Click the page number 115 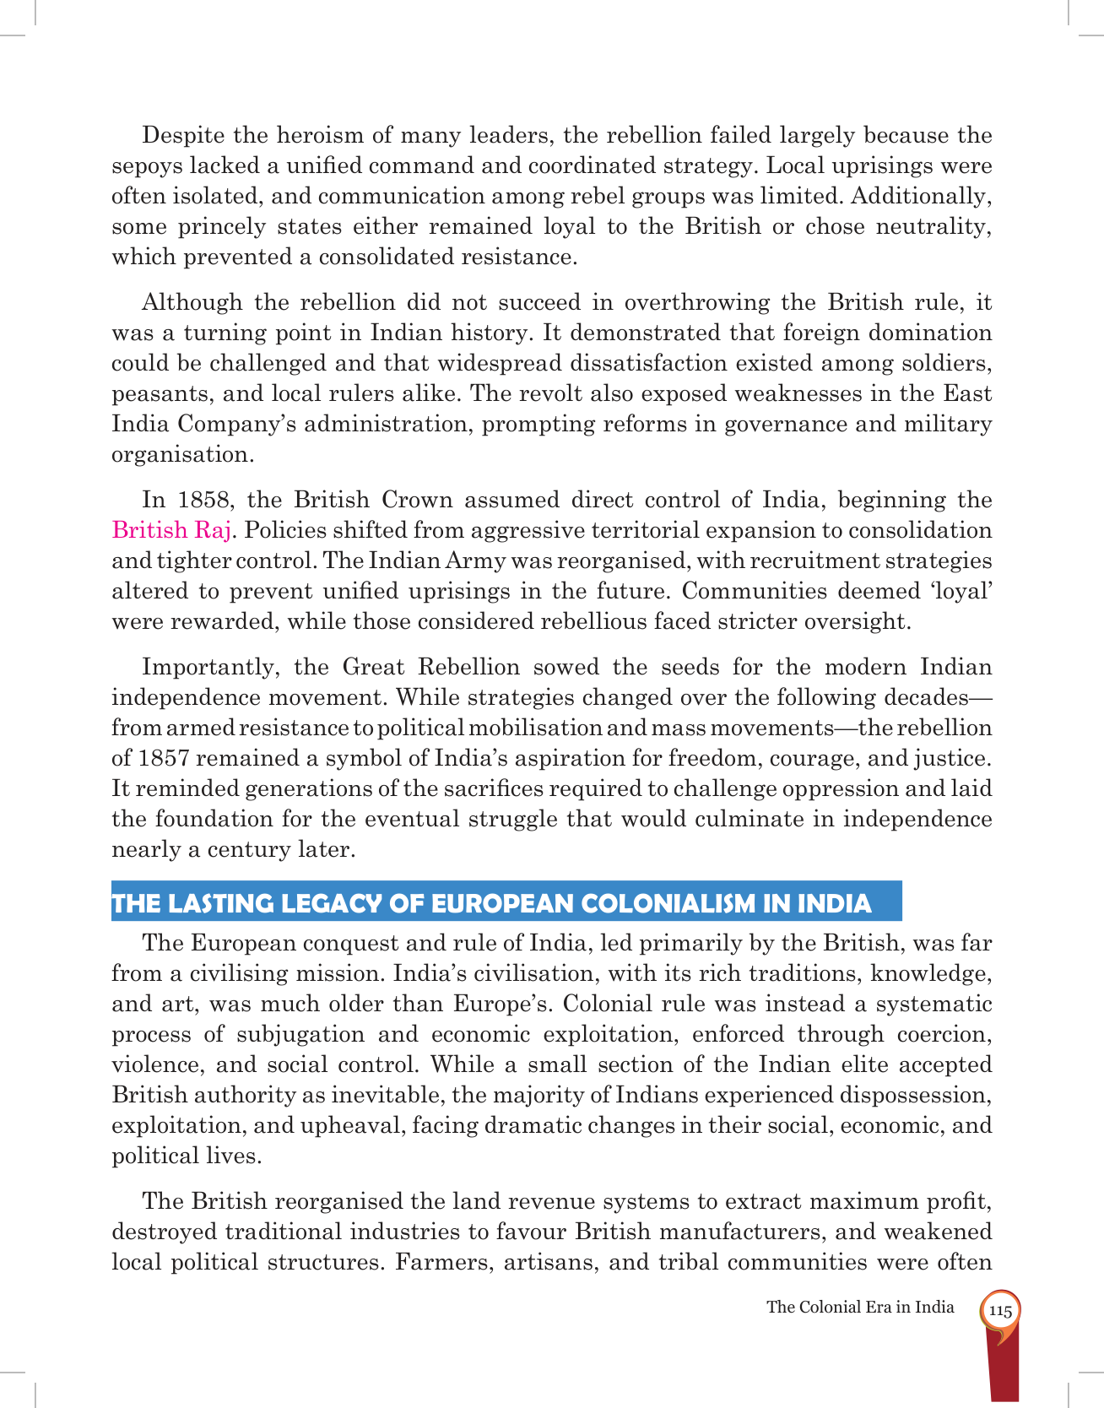tap(1000, 1311)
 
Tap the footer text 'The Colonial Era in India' tap(860, 1307)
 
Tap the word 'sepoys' tap(147, 166)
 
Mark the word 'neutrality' tap(934, 226)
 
